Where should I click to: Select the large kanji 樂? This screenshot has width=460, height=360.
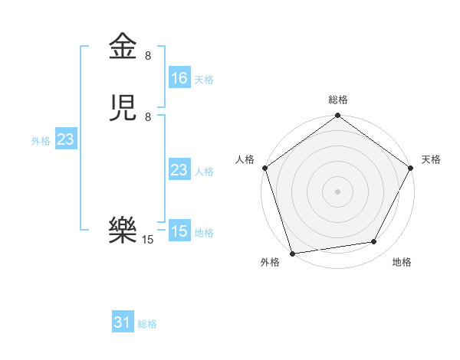123,229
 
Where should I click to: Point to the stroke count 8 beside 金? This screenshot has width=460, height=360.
148,55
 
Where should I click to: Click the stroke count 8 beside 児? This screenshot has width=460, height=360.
148,117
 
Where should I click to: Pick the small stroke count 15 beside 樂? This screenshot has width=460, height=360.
148,240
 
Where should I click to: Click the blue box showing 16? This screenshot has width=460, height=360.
179,78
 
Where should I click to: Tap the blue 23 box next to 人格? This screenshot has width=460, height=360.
179,170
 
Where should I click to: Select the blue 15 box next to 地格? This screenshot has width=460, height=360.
179,231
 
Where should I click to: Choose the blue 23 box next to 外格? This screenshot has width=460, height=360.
65,139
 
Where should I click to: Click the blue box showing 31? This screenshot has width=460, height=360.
123,323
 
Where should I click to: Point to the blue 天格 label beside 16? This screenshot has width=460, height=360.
204,80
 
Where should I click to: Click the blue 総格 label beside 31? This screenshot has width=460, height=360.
147,325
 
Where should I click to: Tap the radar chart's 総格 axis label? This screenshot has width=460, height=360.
338,100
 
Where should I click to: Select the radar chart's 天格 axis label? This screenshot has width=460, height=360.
431,159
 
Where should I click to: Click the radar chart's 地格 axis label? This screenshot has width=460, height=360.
402,263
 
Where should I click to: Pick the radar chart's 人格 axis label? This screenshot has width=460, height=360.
245,159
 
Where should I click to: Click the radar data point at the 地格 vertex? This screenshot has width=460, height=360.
374,242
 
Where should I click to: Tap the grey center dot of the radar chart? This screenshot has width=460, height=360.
337,191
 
